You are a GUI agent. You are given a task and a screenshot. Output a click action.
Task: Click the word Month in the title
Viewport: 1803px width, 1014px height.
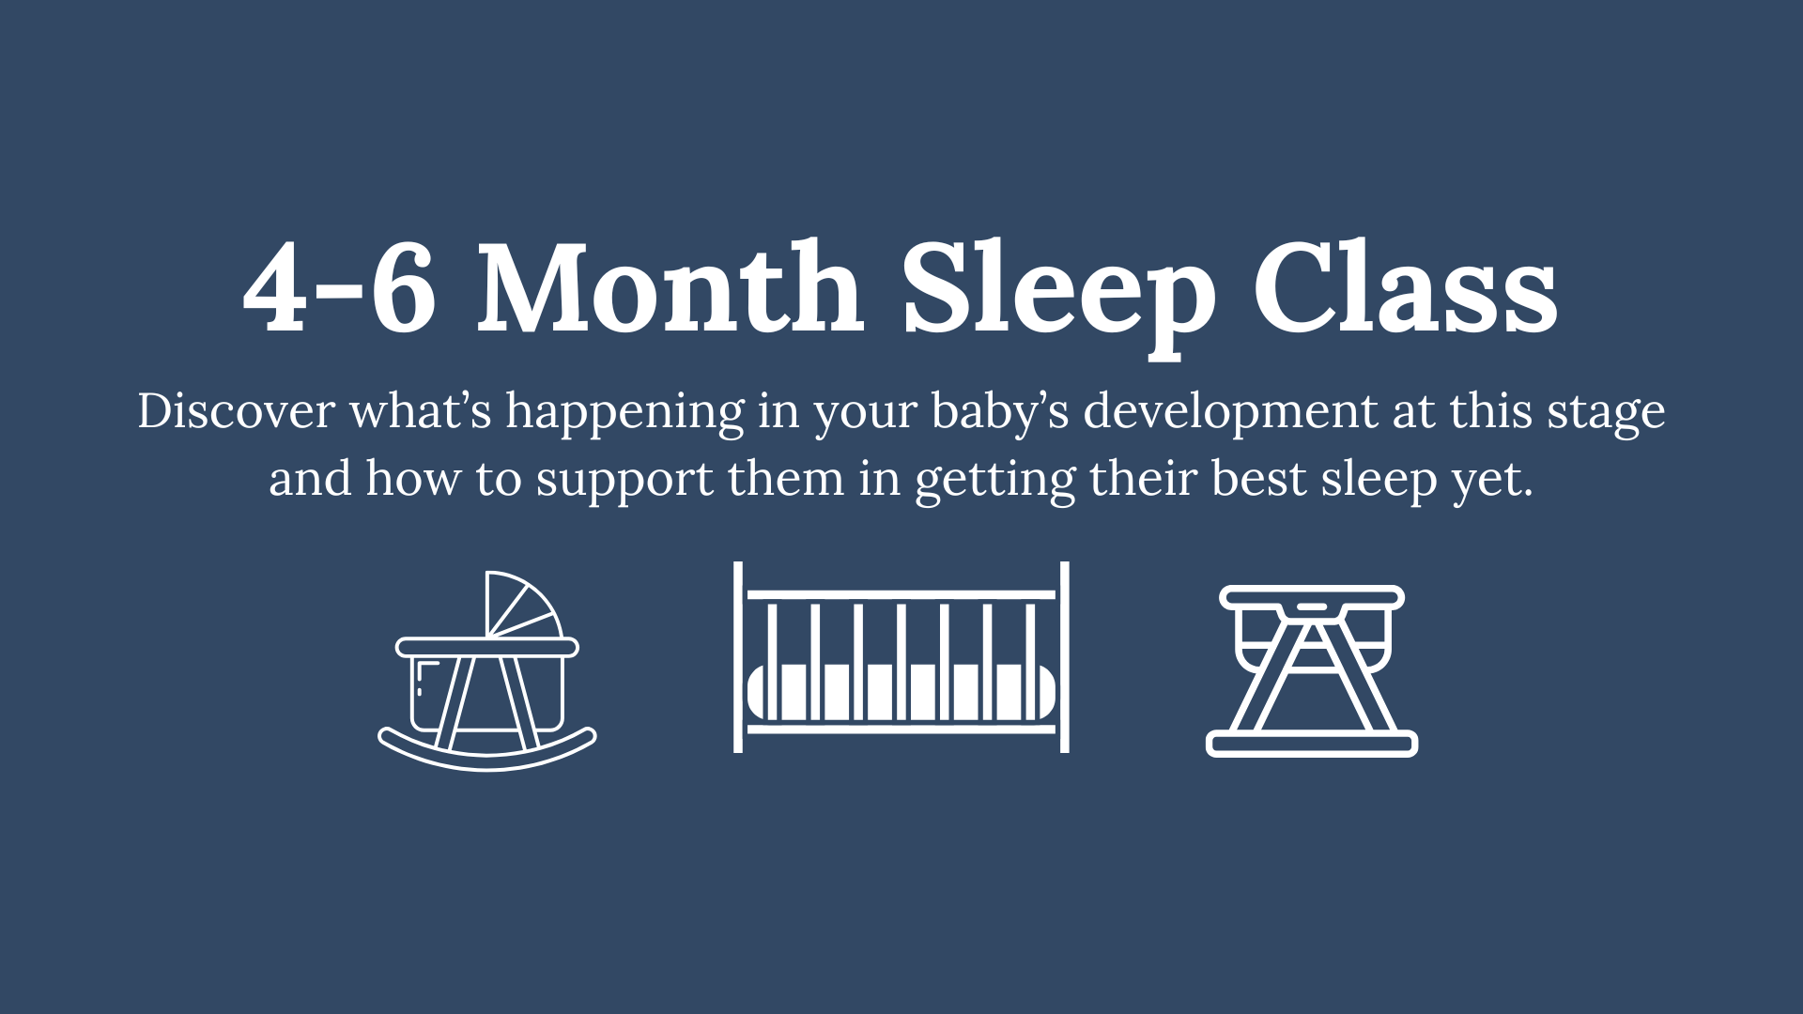pyautogui.click(x=670, y=286)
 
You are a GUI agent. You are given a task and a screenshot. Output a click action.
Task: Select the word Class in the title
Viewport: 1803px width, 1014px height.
pyautogui.click(x=1406, y=286)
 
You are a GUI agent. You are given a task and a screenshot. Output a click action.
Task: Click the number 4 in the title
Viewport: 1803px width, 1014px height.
pyautogui.click(x=274, y=287)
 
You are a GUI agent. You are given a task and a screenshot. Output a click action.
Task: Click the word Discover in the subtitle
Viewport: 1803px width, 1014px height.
pyautogui.click(x=236, y=411)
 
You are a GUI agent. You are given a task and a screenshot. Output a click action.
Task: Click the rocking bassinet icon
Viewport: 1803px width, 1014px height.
pyautogui.click(x=487, y=670)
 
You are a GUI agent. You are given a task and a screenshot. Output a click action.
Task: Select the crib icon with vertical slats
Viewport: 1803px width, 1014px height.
pyautogui.click(x=901, y=657)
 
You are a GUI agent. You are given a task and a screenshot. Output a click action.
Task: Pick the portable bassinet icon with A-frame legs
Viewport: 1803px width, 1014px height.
pyautogui.click(x=1312, y=670)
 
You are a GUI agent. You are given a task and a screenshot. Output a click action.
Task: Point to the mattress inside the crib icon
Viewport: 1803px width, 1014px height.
pyautogui.click(x=901, y=692)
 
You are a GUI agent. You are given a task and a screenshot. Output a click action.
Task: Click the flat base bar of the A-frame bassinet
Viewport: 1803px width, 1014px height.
pyautogui.click(x=1312, y=745)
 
